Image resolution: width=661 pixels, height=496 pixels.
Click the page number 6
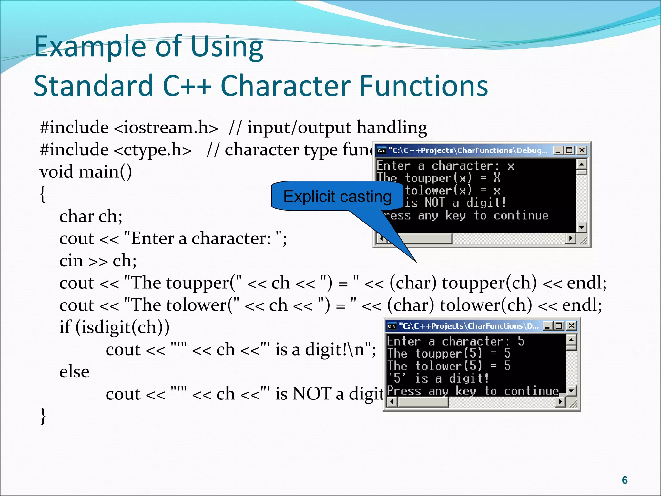coord(625,480)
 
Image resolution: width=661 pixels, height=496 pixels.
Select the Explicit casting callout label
coord(337,196)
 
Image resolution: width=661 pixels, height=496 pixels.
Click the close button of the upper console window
coord(582,150)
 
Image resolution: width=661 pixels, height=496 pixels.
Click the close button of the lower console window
coord(571,326)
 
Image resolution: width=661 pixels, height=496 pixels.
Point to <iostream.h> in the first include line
coord(166,128)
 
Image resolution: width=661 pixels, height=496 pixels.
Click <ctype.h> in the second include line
coord(152,150)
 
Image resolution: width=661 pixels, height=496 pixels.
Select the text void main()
coord(86,172)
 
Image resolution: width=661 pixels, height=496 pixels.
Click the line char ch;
coord(91,216)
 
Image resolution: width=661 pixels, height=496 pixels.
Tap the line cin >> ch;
coord(98,261)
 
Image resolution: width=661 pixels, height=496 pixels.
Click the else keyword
coord(74,372)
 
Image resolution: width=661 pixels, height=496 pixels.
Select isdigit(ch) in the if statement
coord(122,327)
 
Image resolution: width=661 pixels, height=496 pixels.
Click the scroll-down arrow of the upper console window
coord(581,227)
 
